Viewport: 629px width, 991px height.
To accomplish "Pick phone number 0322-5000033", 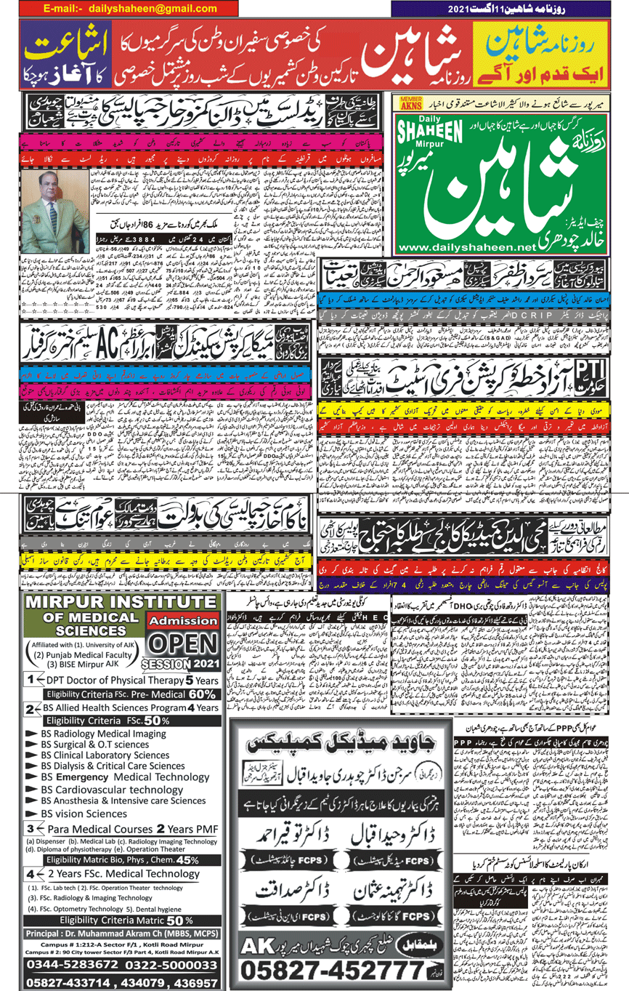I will coord(169,965).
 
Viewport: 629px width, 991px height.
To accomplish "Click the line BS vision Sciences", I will coord(84,814).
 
